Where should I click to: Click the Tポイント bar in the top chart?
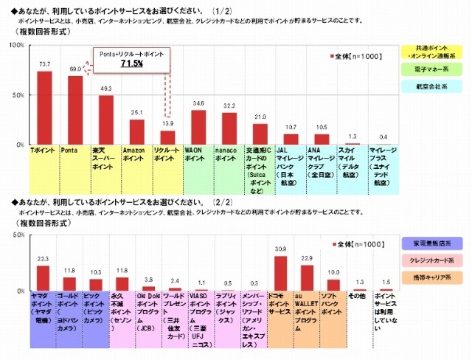[x=44, y=108]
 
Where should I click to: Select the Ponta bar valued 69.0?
[x=75, y=110]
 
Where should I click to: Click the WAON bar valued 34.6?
[x=198, y=128]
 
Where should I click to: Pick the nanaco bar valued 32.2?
[x=229, y=129]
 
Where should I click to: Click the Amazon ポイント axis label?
[x=137, y=153]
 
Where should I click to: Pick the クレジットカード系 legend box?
[x=433, y=260]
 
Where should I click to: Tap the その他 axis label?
[x=358, y=296]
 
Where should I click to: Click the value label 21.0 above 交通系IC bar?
[x=260, y=117]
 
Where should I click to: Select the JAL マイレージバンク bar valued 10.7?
[x=291, y=139]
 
